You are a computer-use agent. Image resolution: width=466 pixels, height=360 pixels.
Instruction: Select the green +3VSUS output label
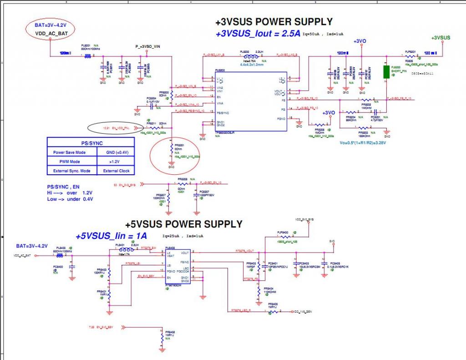coord(441,37)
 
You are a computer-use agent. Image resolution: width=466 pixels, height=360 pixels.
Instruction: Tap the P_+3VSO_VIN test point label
coord(148,46)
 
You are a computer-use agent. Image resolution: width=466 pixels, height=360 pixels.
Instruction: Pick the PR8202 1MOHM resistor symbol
coord(366,100)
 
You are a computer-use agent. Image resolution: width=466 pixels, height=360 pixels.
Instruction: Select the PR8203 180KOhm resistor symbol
coord(363,128)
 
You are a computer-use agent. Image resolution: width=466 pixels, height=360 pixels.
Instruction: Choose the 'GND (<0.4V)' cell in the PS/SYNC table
coord(116,152)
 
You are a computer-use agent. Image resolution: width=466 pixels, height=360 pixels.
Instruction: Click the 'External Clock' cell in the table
coord(116,171)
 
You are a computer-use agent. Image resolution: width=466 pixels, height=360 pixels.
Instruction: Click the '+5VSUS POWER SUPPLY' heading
coord(184,224)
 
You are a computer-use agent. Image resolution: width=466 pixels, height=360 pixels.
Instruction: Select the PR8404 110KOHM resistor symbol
coord(258,290)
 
